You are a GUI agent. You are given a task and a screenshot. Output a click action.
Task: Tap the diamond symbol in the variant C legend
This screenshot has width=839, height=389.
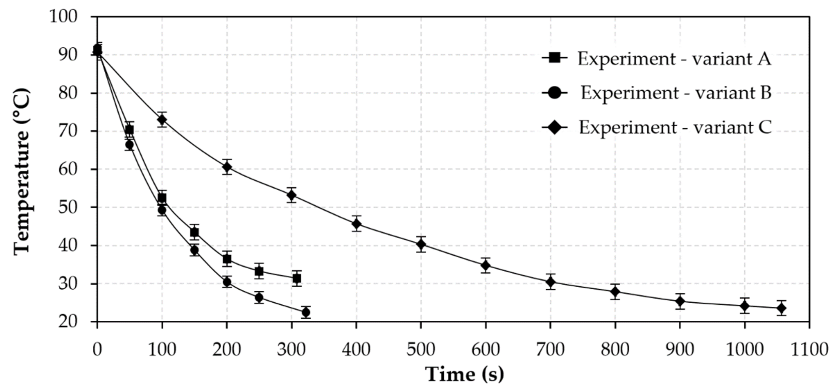point(555,127)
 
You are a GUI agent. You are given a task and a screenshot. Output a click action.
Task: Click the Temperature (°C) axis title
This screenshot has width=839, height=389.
point(22,172)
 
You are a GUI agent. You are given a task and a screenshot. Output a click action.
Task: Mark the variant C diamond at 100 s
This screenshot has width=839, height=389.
point(162,120)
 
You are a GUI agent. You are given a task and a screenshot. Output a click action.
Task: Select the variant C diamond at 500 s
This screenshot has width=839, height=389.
point(421,244)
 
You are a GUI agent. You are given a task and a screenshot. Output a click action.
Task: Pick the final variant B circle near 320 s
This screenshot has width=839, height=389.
point(306,312)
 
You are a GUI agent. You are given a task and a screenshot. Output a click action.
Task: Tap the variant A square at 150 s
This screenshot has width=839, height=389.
point(195,232)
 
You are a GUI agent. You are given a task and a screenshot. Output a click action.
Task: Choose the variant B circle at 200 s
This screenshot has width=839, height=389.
point(227,282)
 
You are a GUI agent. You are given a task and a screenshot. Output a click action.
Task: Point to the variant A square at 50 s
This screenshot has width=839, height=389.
point(129,130)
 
